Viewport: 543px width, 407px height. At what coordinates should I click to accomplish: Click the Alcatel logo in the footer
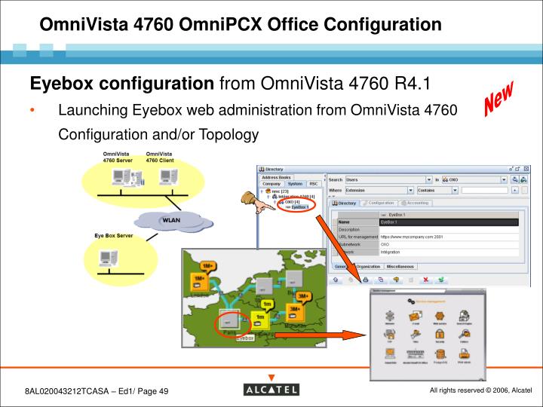click(271, 389)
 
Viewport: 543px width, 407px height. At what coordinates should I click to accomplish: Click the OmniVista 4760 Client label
click(159, 158)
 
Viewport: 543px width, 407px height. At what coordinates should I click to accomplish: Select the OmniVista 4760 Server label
click(117, 158)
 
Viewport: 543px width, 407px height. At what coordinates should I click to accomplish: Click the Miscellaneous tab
click(400, 267)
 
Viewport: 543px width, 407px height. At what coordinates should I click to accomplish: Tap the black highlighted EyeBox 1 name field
click(449, 222)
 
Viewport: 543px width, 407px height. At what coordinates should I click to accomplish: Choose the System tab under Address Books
click(295, 184)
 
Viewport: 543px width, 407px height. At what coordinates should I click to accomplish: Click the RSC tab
click(314, 184)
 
